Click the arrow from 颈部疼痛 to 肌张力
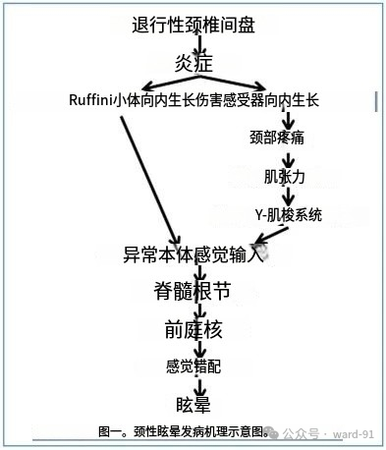[x=287, y=158]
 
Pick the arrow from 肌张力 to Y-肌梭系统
[x=287, y=197]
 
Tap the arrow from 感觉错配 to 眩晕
[x=200, y=385]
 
